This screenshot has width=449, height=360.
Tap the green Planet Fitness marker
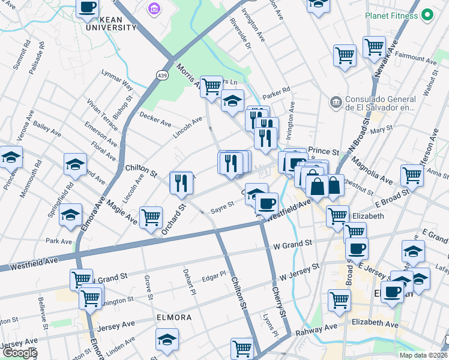coord(427,14)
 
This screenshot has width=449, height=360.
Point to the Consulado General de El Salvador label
coord(380,103)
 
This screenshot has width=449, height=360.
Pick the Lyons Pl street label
coord(271,323)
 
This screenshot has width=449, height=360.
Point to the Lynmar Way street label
coord(117,83)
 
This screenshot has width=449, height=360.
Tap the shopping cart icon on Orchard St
coord(151,217)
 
